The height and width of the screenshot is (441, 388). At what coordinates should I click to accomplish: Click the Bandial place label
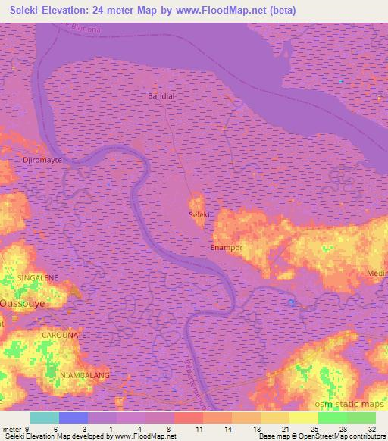(161, 96)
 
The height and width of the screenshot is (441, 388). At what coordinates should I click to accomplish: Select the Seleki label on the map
(199, 215)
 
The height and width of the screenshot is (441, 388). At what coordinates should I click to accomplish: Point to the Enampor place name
(226, 248)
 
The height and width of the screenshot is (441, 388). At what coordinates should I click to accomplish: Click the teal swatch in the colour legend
(45, 418)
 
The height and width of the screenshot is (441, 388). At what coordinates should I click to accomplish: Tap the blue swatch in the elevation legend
(74, 418)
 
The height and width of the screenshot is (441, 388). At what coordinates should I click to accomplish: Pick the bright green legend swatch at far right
(361, 418)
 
